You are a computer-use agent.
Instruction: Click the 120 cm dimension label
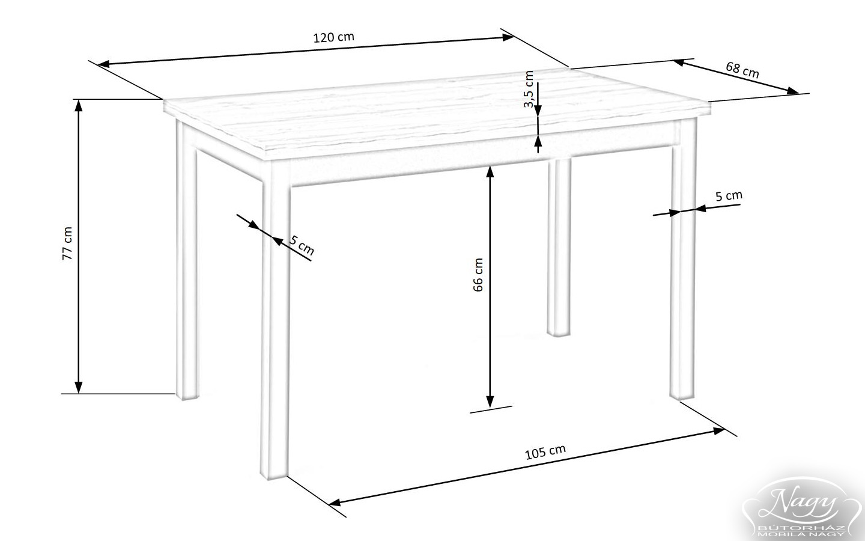tap(333, 37)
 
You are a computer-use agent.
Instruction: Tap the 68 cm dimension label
tap(742, 70)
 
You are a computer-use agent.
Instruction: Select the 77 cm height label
tap(67, 243)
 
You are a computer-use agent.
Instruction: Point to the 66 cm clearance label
tap(478, 275)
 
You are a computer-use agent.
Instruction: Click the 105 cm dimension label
tap(545, 452)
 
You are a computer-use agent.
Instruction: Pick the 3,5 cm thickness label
tap(529, 89)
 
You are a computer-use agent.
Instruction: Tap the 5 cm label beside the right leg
tap(729, 196)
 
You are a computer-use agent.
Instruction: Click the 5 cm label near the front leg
tap(302, 245)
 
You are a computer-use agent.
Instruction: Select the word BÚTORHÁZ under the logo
tap(801, 528)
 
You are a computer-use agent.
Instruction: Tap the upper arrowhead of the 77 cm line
tap(78, 106)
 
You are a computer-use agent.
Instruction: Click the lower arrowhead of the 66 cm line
tap(490, 402)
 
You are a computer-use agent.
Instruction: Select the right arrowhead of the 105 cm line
tap(718, 430)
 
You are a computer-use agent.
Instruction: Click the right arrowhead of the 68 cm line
tap(793, 91)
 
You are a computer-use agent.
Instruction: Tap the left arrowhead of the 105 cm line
tap(335, 503)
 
